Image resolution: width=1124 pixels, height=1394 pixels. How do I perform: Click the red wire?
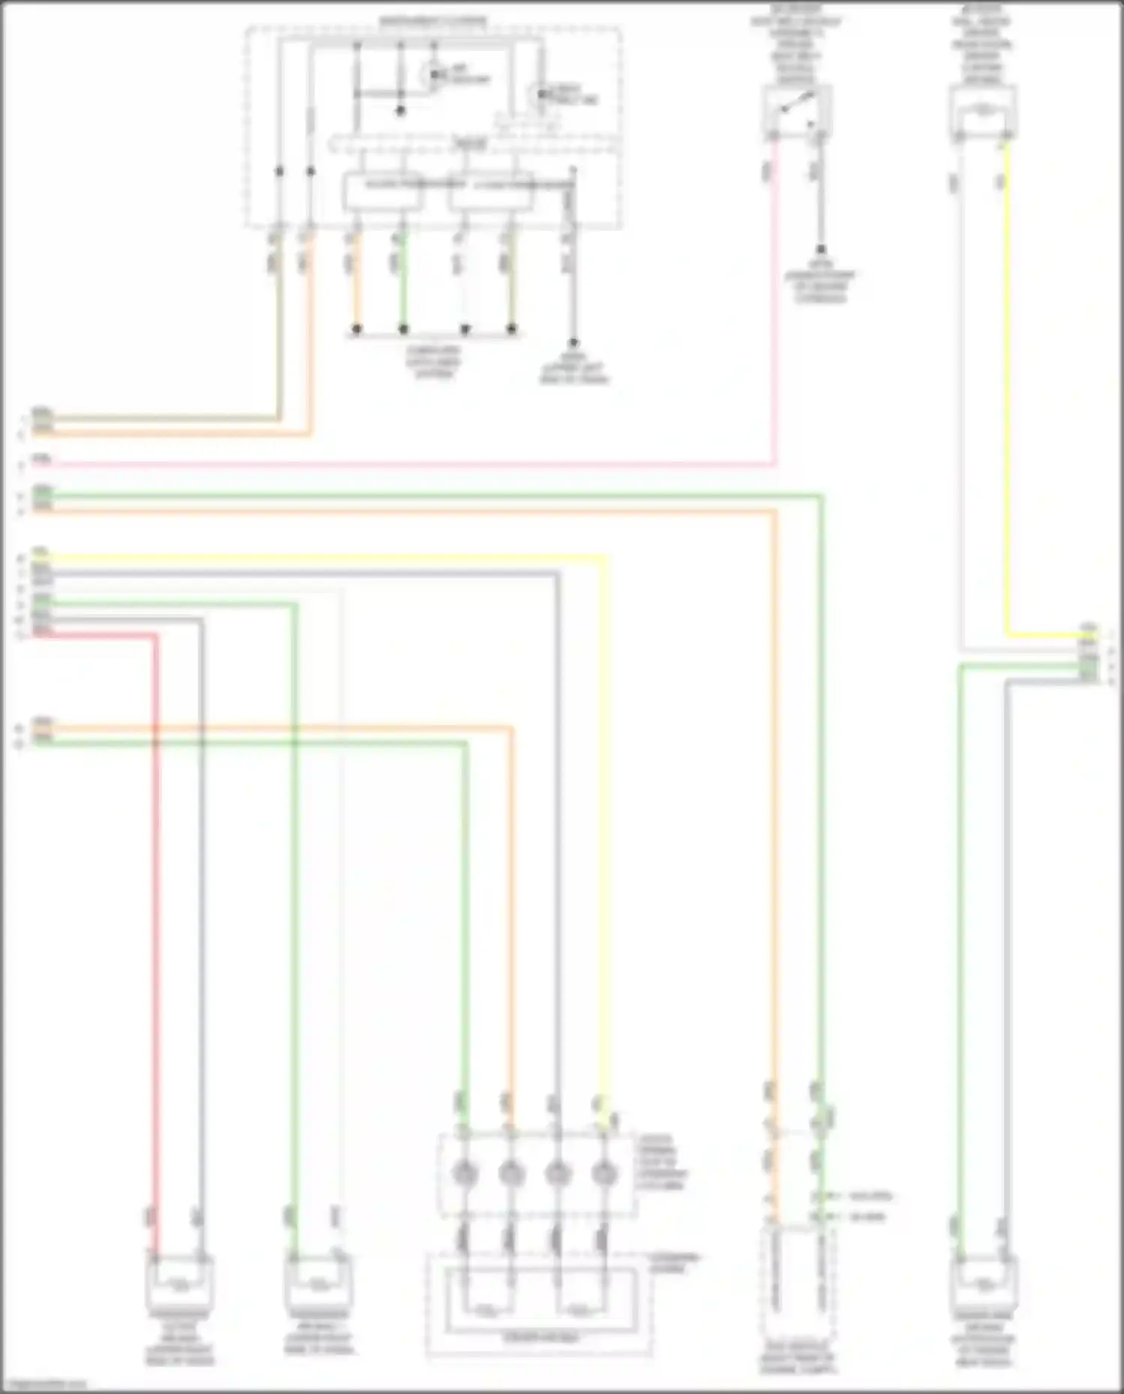[156, 899]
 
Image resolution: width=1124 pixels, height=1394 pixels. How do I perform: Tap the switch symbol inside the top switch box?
[797, 105]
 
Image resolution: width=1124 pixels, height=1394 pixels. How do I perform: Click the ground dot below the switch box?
[821, 249]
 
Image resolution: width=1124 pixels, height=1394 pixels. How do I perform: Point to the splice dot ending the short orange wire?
[357, 329]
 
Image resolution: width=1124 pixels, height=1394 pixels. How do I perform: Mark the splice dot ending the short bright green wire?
[403, 329]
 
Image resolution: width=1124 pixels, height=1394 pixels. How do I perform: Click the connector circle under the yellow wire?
[603, 1173]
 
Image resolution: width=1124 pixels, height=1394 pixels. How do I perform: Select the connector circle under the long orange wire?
[510, 1173]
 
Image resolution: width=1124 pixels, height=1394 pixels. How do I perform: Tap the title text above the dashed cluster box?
[432, 22]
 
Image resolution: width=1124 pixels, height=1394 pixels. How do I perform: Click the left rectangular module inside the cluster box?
[382, 192]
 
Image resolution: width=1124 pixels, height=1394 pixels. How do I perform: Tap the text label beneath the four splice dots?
[434, 362]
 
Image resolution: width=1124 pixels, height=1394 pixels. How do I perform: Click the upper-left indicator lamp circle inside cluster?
[432, 75]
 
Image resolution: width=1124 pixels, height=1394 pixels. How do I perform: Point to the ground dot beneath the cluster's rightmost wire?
[573, 342]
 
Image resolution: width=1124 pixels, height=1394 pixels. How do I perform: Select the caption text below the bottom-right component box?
[983, 1341]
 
